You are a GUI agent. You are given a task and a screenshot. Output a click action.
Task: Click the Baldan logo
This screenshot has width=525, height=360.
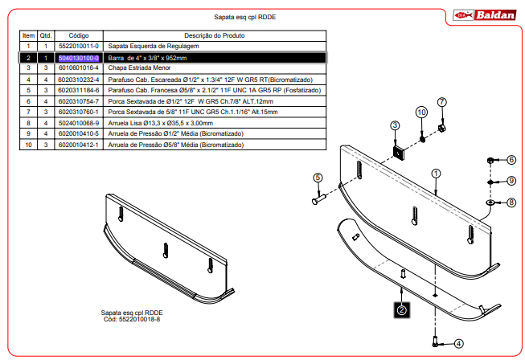tap(484, 15)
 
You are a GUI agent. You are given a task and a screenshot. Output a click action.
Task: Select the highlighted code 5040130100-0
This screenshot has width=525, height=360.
tap(79, 58)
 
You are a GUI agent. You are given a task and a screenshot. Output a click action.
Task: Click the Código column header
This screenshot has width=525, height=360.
tap(79, 35)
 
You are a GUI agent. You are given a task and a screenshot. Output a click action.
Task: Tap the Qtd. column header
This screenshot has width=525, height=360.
tap(46, 35)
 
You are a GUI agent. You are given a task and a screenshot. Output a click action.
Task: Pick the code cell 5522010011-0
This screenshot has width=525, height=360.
tap(79, 46)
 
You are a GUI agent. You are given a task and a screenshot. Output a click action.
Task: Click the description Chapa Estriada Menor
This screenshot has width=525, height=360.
tap(139, 67)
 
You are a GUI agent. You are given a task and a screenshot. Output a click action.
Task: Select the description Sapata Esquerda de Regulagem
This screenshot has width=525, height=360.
tap(154, 46)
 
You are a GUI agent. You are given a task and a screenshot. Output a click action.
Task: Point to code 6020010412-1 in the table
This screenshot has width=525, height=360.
tap(79, 145)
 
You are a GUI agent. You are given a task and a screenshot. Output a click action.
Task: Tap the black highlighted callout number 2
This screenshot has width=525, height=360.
tap(401, 310)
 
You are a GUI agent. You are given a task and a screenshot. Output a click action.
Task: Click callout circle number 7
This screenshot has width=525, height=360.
tap(442, 102)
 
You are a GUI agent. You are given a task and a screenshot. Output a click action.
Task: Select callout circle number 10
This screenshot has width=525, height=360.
tap(421, 112)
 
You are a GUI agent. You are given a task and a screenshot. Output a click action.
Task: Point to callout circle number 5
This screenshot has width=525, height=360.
tap(318, 178)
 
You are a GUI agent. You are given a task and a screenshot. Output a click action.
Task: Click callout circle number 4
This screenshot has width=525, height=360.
tap(459, 344)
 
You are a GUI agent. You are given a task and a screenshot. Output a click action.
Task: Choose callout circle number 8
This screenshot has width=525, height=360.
tap(511, 202)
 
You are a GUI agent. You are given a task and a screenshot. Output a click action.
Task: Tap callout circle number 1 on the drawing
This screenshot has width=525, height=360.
tap(436, 174)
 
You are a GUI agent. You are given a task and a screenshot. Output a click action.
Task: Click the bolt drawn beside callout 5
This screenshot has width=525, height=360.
tap(318, 199)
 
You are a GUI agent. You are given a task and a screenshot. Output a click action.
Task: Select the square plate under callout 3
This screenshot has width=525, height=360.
tap(399, 153)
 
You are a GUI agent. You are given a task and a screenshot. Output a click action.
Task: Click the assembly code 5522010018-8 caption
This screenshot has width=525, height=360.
tap(132, 319)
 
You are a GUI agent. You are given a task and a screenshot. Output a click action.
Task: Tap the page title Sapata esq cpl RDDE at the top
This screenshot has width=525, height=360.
tap(244, 17)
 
